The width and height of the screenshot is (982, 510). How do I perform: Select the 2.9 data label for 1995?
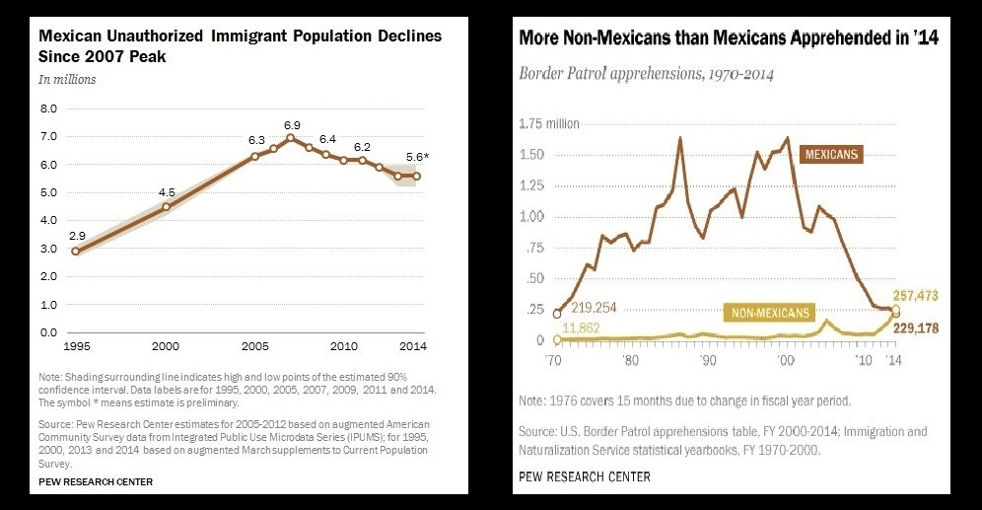[x=76, y=236]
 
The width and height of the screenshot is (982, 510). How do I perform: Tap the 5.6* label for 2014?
[x=417, y=156]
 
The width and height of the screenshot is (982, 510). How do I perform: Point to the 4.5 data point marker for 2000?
[x=166, y=206]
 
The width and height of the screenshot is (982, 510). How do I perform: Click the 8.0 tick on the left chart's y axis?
[x=47, y=108]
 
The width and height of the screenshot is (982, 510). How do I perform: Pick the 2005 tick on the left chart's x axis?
[x=255, y=347]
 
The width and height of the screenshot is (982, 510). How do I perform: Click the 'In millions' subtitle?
[x=67, y=79]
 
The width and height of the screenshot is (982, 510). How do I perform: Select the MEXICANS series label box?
[x=832, y=154]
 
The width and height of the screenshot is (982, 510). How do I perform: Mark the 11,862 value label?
[x=591, y=338]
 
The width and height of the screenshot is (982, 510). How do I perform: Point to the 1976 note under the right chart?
[x=683, y=401]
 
